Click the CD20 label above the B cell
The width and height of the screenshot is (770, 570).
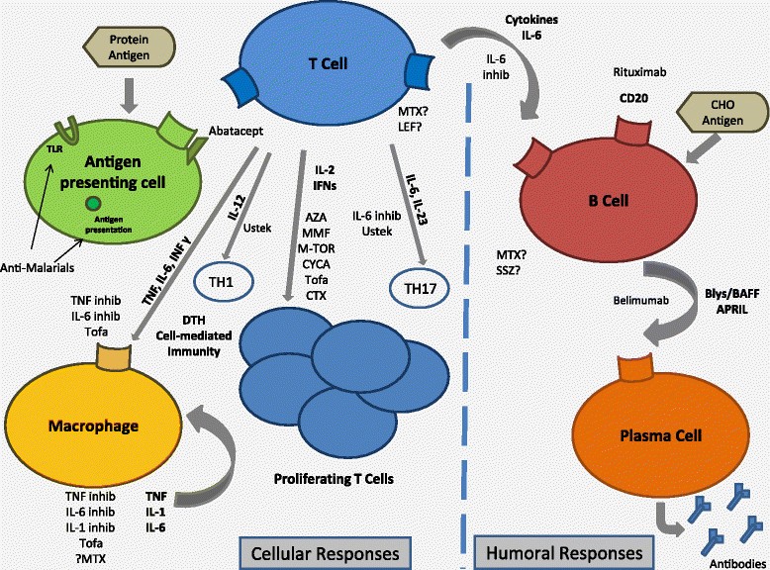pyautogui.click(x=622, y=129)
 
